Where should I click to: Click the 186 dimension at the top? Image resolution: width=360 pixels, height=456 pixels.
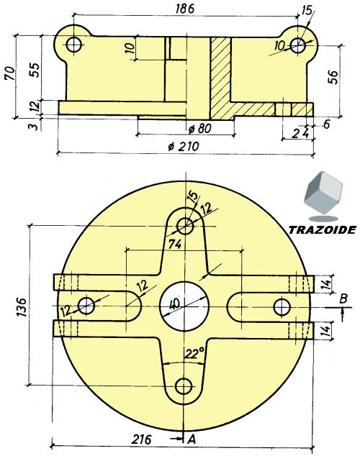coord(185,9)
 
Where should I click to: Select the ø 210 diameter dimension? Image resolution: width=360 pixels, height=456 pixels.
coord(184,146)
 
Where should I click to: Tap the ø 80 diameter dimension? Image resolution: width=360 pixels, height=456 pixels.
coord(199,129)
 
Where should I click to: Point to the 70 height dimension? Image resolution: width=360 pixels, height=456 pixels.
coord(9,73)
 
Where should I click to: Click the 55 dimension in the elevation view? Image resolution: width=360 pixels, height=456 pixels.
coord(35,70)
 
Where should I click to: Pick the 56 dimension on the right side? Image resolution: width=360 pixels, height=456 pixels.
coord(333,78)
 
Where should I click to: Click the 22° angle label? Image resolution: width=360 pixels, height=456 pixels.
coord(194,354)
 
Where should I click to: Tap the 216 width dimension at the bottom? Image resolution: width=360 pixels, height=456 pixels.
coord(141,439)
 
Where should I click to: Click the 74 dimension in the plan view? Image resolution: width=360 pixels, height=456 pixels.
coord(175,245)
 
